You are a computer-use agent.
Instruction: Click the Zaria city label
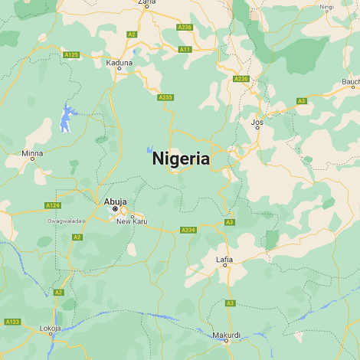click(146, 3)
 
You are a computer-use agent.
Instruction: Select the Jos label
click(257, 121)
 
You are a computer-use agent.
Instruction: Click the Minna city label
click(32, 153)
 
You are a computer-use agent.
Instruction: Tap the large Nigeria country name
click(181, 159)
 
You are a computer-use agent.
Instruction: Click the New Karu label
click(132, 221)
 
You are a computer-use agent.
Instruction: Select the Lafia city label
click(224, 259)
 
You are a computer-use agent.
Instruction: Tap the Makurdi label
click(226, 335)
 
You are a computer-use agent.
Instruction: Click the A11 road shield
click(185, 49)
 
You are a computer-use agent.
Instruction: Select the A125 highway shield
click(71, 54)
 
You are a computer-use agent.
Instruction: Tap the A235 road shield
click(165, 97)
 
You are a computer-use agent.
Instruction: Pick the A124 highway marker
click(52, 205)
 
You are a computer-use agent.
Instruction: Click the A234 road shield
click(188, 230)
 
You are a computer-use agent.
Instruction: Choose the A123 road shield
click(11, 321)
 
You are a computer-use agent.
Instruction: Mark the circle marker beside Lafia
click(225, 266)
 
